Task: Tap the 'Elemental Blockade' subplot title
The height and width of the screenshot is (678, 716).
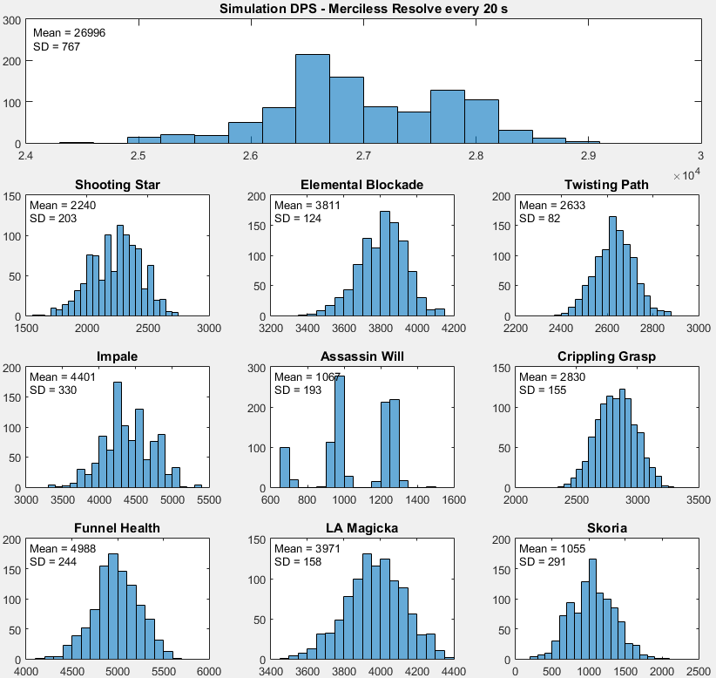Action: (361, 185)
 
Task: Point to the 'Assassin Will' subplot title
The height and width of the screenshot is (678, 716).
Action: (361, 356)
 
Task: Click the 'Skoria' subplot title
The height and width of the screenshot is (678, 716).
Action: (607, 528)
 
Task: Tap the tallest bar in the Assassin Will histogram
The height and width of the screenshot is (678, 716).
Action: (340, 431)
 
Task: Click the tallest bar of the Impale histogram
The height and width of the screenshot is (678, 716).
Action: (118, 434)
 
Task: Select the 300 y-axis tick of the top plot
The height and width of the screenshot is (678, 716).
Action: (13, 19)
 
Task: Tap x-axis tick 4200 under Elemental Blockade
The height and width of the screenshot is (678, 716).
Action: (454, 329)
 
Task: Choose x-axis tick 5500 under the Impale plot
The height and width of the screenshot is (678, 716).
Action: (209, 500)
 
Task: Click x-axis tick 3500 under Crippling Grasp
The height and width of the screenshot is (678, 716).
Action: (699, 500)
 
